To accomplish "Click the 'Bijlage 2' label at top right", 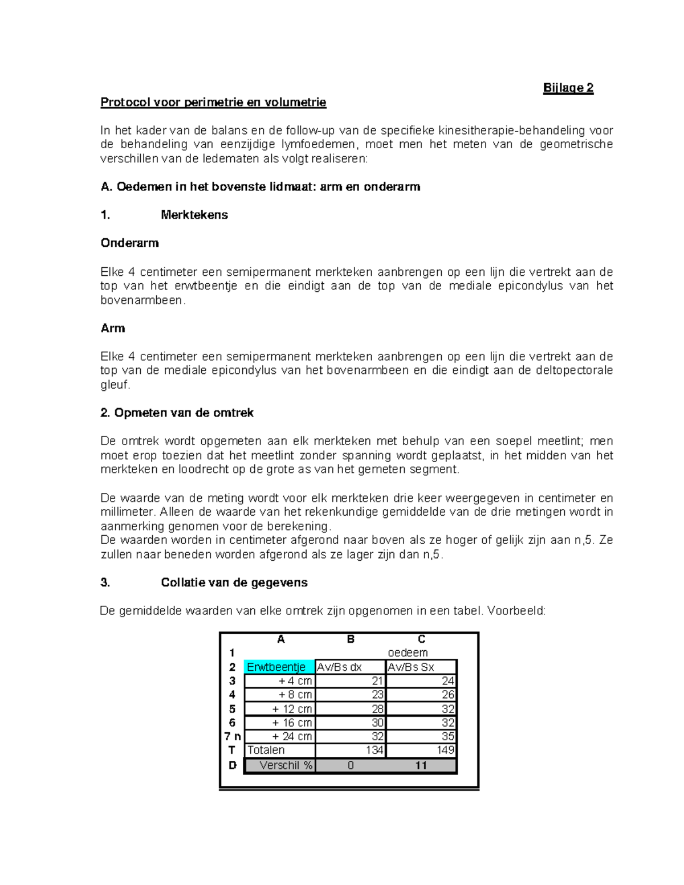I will (568, 88).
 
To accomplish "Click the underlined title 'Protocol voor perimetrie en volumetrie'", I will (213, 103).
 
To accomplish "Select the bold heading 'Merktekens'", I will (194, 215).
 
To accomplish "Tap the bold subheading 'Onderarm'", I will (129, 243).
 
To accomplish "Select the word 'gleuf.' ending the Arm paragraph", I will (115, 385).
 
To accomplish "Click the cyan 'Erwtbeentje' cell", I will (279, 667).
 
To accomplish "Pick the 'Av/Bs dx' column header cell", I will (350, 667).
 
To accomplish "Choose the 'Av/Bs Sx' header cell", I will (421, 667).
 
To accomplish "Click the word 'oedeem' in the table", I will (408, 652).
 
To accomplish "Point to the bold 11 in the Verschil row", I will (421, 765).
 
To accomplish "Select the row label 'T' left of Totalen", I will (232, 751).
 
